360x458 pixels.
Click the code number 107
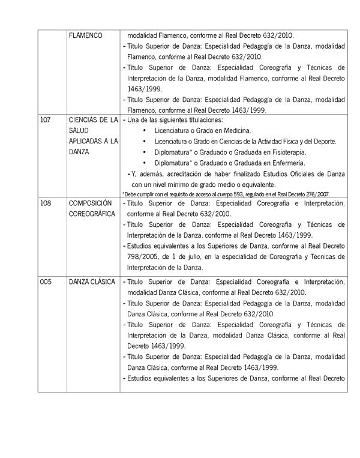click(x=45, y=119)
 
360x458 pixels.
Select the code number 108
click(x=46, y=203)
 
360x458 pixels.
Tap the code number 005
click(x=46, y=282)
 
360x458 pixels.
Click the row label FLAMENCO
click(x=86, y=35)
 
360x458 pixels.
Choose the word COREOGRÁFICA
click(x=92, y=214)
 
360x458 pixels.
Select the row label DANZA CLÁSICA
click(x=92, y=282)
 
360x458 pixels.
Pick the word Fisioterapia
click(x=286, y=152)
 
